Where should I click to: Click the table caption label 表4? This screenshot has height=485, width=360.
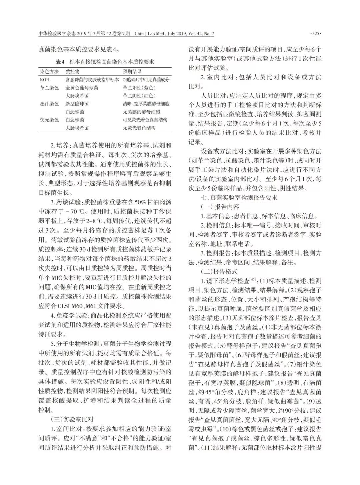pyautogui.click(x=60, y=62)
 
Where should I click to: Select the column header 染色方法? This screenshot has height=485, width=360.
pyautogui.click(x=49, y=72)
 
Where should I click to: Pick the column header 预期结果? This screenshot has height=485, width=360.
pyautogui.click(x=132, y=72)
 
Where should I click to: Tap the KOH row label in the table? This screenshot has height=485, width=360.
pyautogui.click(x=45, y=80)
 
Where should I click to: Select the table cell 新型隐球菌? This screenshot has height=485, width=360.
pyautogui.click(x=77, y=104)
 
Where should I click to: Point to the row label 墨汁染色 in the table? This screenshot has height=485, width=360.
pyautogui.click(x=49, y=104)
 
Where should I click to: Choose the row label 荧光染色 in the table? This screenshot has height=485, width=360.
pyautogui.click(x=49, y=120)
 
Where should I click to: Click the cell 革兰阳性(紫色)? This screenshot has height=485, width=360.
pyautogui.click(x=139, y=88)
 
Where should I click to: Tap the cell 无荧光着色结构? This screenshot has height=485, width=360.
pyautogui.click(x=139, y=128)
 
